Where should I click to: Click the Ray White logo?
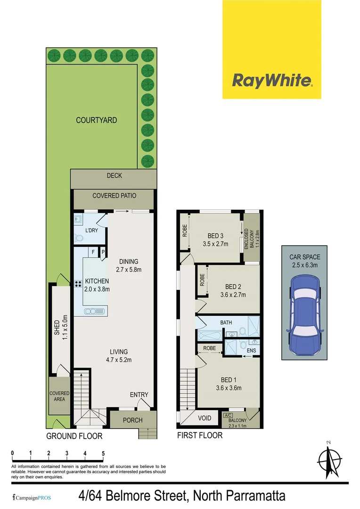point(272,81)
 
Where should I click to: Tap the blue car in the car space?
point(304,314)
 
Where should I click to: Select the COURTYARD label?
point(97,120)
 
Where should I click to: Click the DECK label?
point(114,176)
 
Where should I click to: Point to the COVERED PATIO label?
point(113,196)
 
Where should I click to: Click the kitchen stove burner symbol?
point(77,284)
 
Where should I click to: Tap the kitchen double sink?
point(96,311)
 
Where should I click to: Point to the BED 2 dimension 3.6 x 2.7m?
point(232,296)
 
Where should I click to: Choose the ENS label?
point(251,351)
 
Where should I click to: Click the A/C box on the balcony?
point(229,415)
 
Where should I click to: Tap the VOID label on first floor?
point(205,418)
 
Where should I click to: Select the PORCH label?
point(132,420)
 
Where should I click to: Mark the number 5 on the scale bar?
point(103,453)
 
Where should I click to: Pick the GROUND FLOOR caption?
point(74,436)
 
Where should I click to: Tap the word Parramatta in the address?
point(250,496)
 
